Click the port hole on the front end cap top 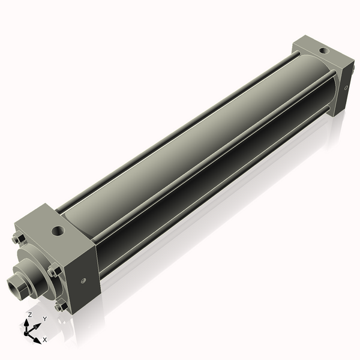coord(58,229)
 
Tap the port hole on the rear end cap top coord(324,51)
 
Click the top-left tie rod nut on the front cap coord(16,240)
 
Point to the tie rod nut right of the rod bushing coord(54,271)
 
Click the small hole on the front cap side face coord(83,279)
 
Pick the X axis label coord(44,340)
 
